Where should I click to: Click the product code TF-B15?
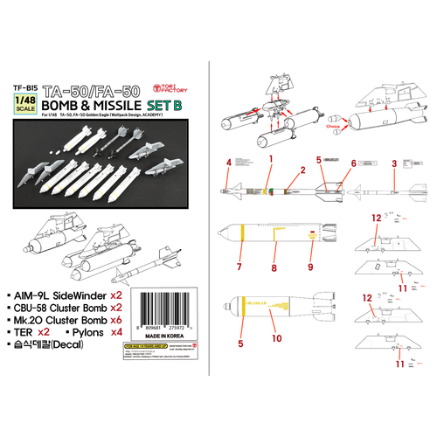tap(31, 88)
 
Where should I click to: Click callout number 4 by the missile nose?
tap(228, 163)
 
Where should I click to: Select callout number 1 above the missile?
tap(272, 158)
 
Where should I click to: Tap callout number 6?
tap(354, 163)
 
